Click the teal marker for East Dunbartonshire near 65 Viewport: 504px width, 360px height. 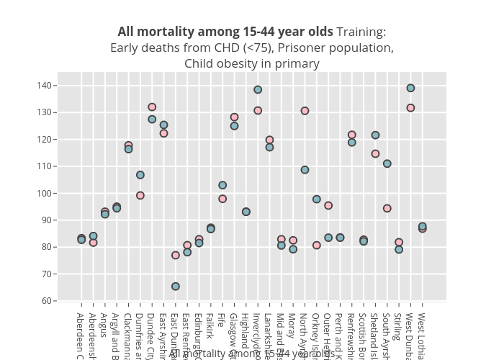click(x=176, y=287)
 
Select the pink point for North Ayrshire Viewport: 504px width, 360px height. click(x=305, y=111)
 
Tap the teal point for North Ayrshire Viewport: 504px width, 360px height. click(x=305, y=170)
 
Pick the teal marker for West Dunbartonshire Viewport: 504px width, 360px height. click(x=410, y=88)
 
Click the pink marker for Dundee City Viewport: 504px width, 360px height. click(x=152, y=107)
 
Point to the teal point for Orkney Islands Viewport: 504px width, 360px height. click(x=317, y=199)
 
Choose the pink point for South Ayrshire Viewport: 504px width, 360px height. click(x=387, y=208)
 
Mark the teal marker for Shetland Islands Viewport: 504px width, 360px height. click(x=375, y=135)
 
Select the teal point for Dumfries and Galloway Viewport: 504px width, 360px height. click(x=140, y=175)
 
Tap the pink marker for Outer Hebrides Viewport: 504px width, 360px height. click(x=328, y=205)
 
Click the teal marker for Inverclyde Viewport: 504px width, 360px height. click(x=258, y=90)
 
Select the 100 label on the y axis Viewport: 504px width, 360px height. click(x=46, y=193)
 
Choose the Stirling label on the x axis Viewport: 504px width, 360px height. click(x=399, y=328)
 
